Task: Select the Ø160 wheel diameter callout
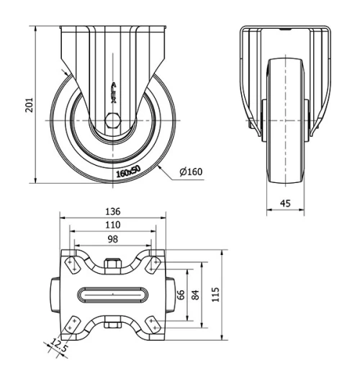pyautogui.click(x=191, y=171)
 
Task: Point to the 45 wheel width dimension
pyautogui.click(x=286, y=204)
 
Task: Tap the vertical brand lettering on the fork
pyautogui.click(x=112, y=92)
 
